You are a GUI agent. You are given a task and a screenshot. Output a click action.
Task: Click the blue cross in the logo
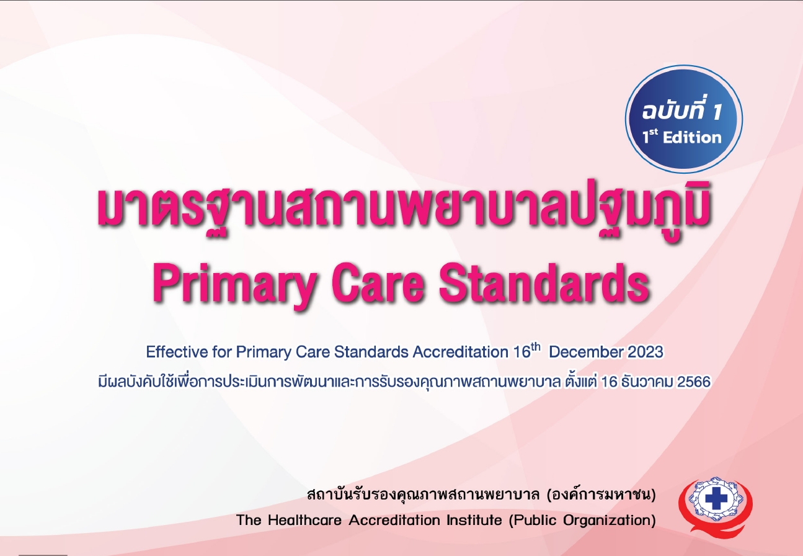716,500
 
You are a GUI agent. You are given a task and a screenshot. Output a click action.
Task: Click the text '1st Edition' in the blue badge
682,137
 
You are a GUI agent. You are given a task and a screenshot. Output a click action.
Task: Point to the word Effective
176,352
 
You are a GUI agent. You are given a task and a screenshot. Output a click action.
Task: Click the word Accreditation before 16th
461,352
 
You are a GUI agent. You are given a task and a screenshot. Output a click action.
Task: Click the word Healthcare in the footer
304,520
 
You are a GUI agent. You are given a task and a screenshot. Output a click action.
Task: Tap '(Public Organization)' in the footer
582,520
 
